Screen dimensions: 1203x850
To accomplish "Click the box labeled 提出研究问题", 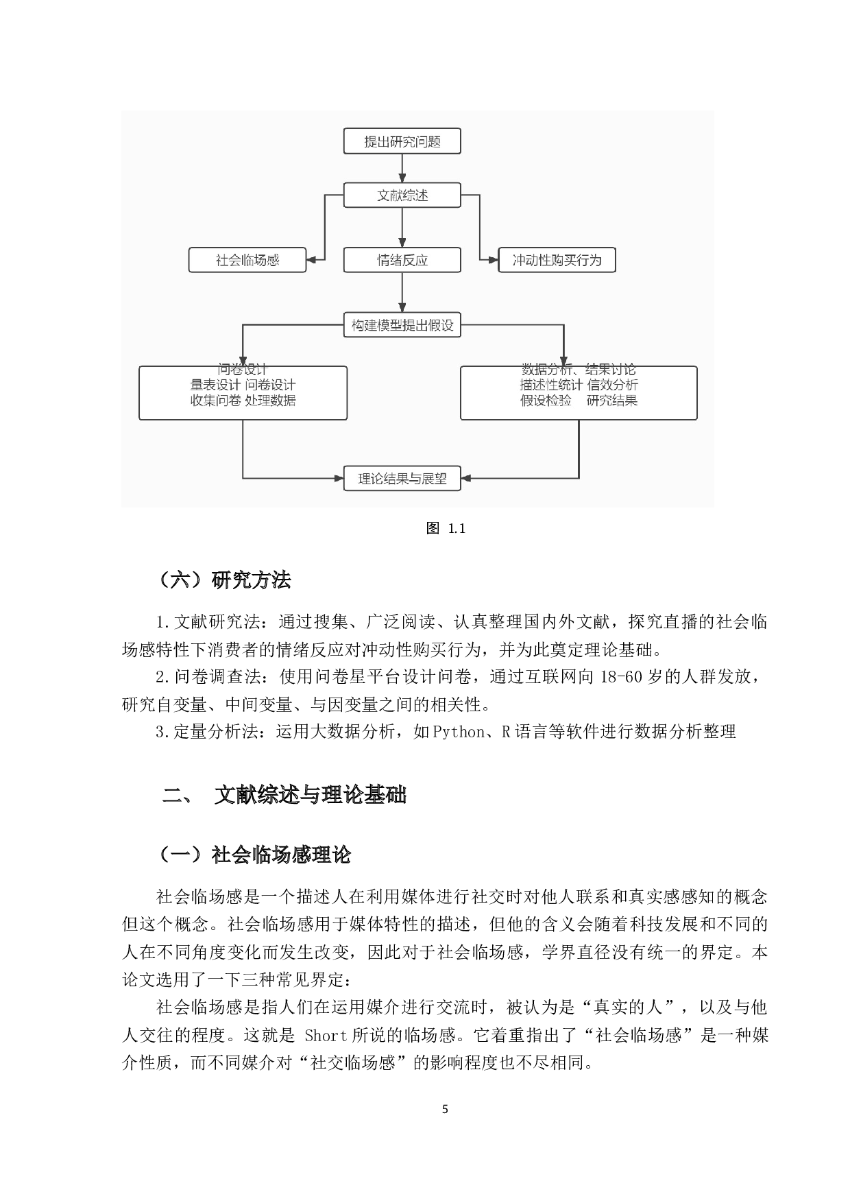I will pyautogui.click(x=402, y=141).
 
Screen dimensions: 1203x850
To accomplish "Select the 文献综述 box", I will pyautogui.click(x=402, y=195).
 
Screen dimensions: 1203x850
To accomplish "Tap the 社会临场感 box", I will pyautogui.click(x=247, y=260).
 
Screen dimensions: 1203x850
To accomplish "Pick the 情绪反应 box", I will pyautogui.click(x=402, y=260).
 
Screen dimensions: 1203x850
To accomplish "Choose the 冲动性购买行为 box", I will pyautogui.click(x=557, y=260).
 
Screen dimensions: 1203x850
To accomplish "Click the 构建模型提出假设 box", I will pyautogui.click(x=402, y=325).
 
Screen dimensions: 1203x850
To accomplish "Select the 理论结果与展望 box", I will pyautogui.click(x=402, y=479).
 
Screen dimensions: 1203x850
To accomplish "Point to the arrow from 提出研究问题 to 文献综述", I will pyautogui.click(x=402, y=168).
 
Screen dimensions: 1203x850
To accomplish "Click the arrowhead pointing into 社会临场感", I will pyautogui.click(x=311, y=260).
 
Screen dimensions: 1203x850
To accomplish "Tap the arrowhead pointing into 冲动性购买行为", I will pyautogui.click(x=493, y=260).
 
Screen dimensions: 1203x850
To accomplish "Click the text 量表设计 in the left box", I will pyautogui.click(x=215, y=385).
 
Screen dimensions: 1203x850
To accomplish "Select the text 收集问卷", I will pyautogui.click(x=215, y=401).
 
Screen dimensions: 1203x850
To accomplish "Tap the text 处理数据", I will pyautogui.click(x=270, y=401).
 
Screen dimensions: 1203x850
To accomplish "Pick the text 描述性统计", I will pyautogui.click(x=551, y=385).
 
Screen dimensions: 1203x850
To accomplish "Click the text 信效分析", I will pyautogui.click(x=612, y=385).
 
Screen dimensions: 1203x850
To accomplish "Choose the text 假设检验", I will pyautogui.click(x=546, y=401).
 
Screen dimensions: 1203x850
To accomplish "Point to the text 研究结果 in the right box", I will pyautogui.click(x=612, y=401).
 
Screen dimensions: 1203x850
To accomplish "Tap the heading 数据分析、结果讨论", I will pyautogui.click(x=579, y=370).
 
